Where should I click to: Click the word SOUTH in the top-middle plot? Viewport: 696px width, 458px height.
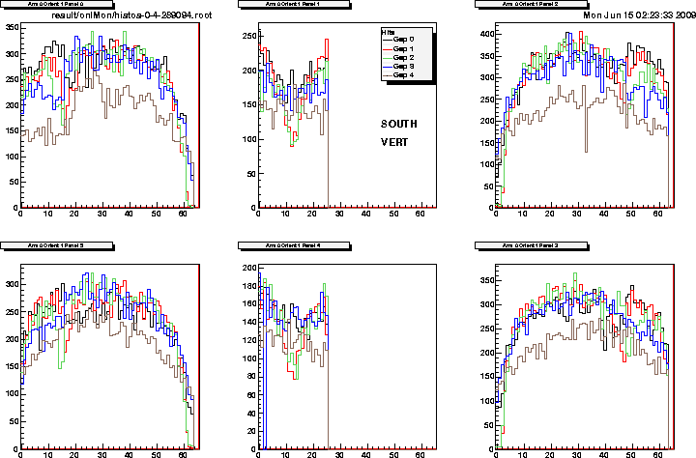click(399, 124)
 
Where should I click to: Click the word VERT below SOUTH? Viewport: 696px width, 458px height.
click(394, 142)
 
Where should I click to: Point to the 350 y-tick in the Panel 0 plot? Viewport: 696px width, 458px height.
click(11, 26)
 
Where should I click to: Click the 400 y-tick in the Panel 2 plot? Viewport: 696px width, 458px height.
click(484, 35)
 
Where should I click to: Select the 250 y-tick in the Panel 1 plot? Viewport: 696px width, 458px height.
click(247, 36)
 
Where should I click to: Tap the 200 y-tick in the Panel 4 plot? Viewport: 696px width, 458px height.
click(247, 268)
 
